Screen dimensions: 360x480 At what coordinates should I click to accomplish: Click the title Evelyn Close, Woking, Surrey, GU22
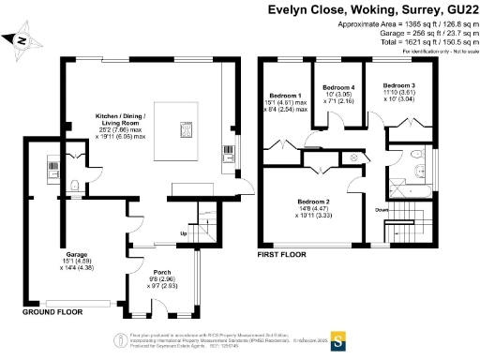click(x=373, y=12)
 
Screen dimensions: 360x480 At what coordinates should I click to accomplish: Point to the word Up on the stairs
click(x=184, y=233)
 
